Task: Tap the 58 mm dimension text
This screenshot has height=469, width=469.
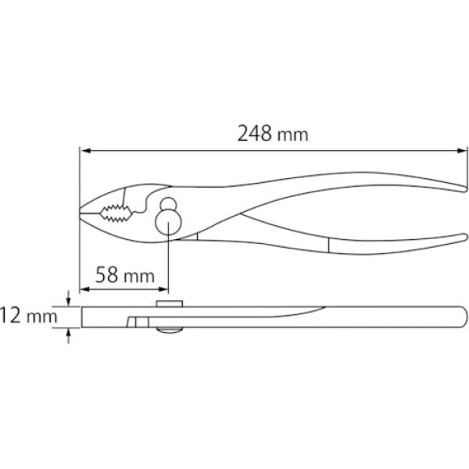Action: [x=123, y=274]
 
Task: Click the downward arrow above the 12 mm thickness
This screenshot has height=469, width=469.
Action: [x=70, y=301]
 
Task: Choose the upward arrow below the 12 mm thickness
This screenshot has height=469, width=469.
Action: [x=70, y=334]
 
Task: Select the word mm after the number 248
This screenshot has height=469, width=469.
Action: [x=293, y=134]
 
